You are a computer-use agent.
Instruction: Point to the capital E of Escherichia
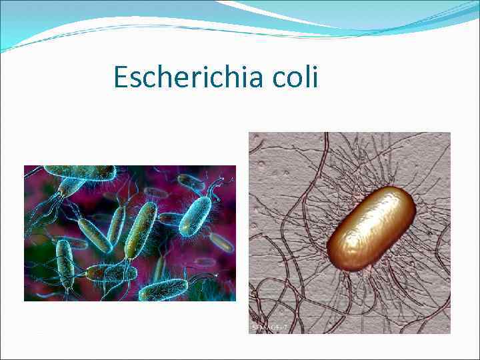pyautogui.click(x=121, y=77)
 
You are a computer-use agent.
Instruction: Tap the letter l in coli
pyautogui.click(x=306, y=77)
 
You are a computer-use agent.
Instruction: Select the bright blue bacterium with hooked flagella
pyautogui.click(x=195, y=215)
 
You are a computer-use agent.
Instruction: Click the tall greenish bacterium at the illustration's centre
pyautogui.click(x=141, y=230)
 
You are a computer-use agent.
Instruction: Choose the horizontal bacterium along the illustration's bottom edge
pyautogui.click(x=163, y=289)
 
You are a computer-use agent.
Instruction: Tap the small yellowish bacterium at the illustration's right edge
pyautogui.click(x=221, y=242)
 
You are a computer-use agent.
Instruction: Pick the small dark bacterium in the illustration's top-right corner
pyautogui.click(x=191, y=181)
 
